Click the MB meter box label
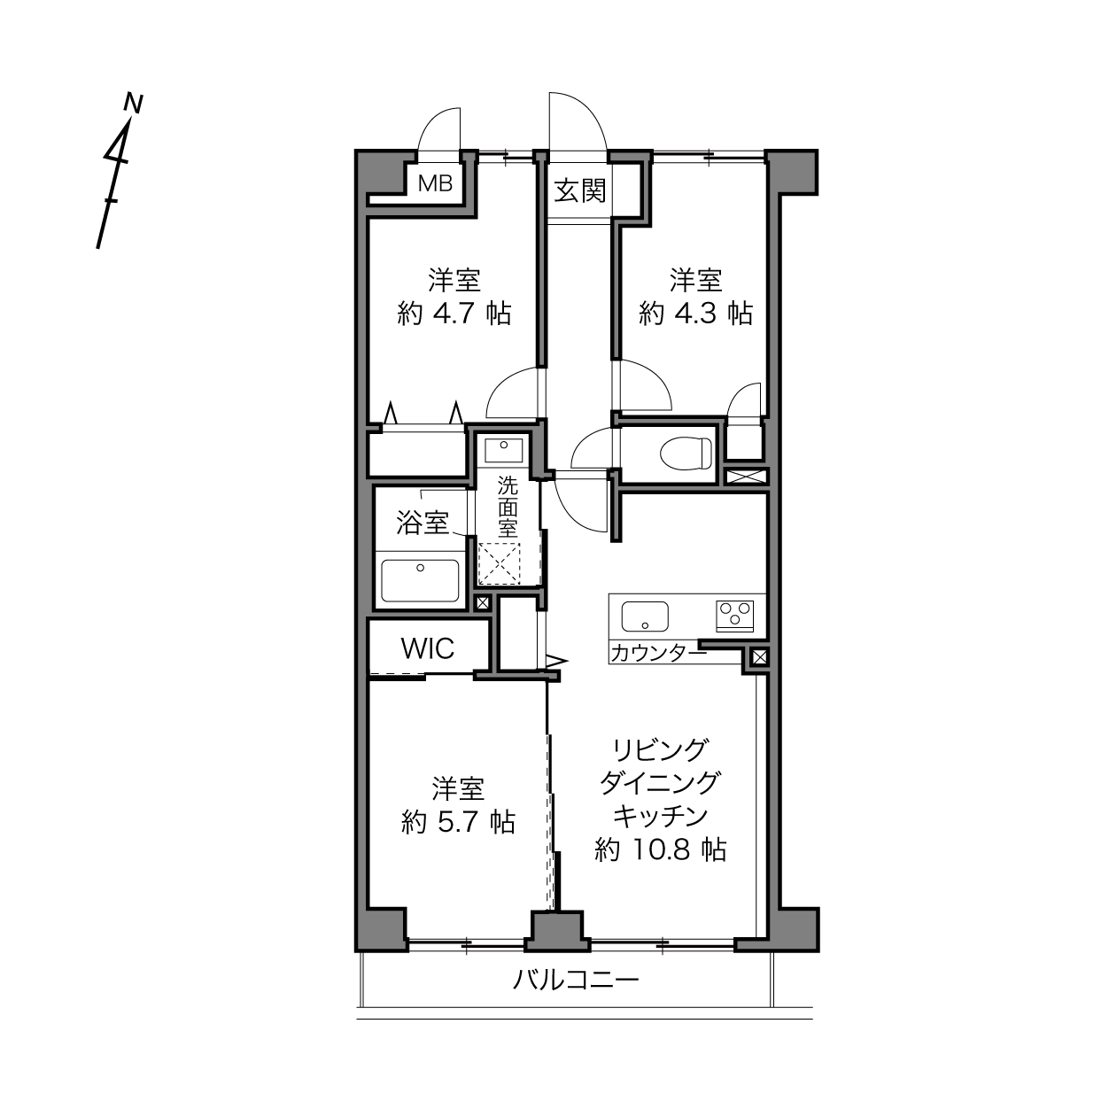[436, 183]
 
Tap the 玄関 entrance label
[580, 190]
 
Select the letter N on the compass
[134, 103]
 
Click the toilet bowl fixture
[686, 452]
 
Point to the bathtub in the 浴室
[420, 581]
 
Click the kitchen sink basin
[645, 617]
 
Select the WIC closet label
[428, 648]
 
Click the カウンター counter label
[658, 654]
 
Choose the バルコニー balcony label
[576, 979]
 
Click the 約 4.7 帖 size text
[454, 314]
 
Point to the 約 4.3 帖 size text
[696, 314]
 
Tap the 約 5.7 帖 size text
[458, 822]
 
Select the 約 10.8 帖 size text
[661, 849]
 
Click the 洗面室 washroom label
[508, 507]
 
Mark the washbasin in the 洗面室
[504, 451]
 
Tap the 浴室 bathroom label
[423, 523]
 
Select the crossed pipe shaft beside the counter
[760, 656]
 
